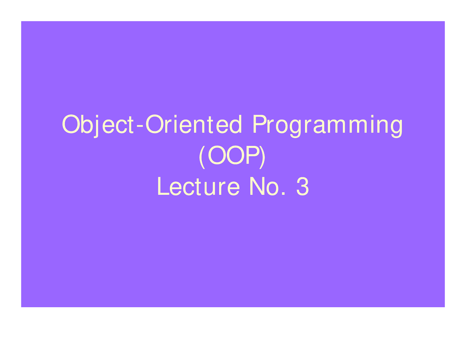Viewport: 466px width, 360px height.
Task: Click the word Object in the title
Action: (98, 125)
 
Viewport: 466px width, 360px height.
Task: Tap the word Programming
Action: (327, 126)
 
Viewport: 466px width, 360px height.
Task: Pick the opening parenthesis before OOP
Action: (202, 157)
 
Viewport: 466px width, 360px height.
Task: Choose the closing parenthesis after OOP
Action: (262, 157)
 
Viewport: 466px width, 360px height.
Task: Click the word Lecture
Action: (198, 186)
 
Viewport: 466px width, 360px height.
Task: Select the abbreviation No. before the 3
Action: (268, 186)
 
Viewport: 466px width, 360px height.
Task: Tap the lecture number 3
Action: (303, 186)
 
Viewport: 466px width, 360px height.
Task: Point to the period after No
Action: (283, 194)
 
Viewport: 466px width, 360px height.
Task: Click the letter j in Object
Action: (96, 127)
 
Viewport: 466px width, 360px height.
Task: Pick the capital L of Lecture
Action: (163, 186)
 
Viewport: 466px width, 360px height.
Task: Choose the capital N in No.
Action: (257, 186)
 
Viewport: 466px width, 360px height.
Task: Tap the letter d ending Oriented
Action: (236, 124)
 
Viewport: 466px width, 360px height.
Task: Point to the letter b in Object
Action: (86, 124)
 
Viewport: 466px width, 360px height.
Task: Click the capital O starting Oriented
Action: (154, 124)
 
